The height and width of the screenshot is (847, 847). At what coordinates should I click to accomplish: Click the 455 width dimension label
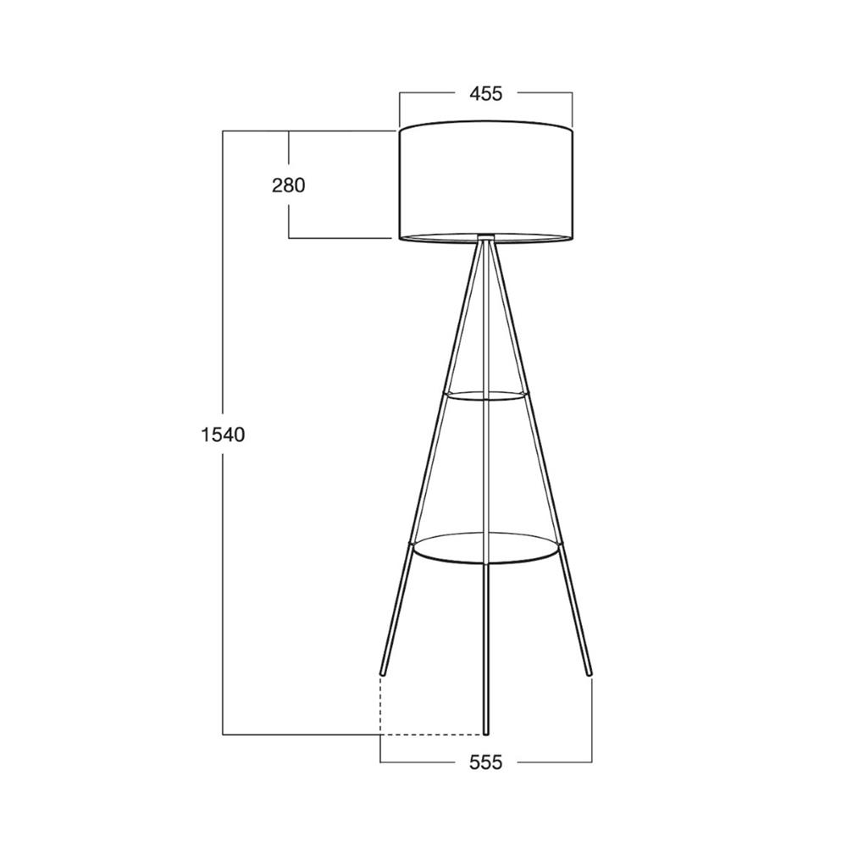click(485, 94)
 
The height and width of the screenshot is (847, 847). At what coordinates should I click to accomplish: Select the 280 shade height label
click(289, 185)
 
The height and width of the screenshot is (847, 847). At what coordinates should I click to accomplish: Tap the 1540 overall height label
click(223, 434)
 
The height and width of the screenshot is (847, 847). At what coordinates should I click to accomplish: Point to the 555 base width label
click(485, 762)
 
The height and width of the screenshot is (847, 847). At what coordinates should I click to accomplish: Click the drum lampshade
click(485, 181)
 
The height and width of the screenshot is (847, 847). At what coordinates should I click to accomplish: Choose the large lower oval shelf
click(485, 549)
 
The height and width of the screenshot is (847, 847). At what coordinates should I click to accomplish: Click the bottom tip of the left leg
click(383, 674)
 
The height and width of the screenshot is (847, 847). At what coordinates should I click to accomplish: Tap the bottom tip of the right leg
click(590, 674)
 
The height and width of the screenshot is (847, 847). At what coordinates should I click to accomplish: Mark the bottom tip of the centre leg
click(485, 734)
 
